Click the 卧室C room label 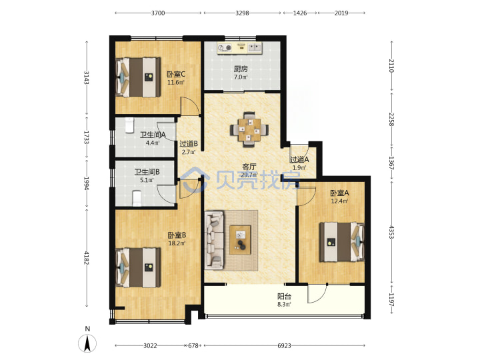(176, 75)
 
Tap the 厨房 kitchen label (241, 69)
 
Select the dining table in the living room (249, 130)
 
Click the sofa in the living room (214, 240)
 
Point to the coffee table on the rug (240, 240)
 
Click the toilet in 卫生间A (129, 125)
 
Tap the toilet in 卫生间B (137, 199)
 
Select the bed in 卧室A (342, 242)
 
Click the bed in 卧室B (139, 267)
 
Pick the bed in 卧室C (139, 77)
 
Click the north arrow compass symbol (87, 343)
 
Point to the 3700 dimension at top (158, 13)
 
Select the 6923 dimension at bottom (284, 345)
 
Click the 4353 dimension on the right (391, 232)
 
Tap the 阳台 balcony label (285, 296)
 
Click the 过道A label (299, 159)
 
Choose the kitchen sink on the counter (255, 47)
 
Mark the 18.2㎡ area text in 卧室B (177, 243)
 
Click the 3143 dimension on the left (87, 78)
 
